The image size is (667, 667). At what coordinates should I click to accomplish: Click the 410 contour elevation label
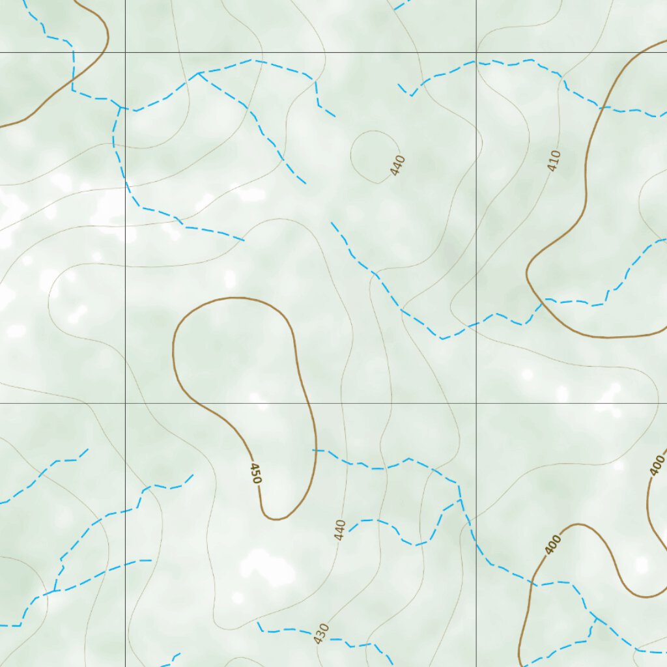coord(554,161)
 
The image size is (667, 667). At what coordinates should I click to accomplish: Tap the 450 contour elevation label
coord(256,472)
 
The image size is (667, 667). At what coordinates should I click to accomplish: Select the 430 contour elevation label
coord(321,633)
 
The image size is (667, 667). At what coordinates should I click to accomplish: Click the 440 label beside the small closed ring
coord(398,165)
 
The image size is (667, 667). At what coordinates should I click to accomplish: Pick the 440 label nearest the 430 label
coord(339,530)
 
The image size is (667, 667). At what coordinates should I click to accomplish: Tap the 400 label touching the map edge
coord(657,465)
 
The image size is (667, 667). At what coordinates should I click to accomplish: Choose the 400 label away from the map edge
coord(553,544)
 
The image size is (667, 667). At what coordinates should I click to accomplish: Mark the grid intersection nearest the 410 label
coord(476,52)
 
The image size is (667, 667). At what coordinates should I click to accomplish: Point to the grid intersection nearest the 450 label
coord(125,403)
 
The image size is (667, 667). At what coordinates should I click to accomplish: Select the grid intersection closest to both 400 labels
coord(476,403)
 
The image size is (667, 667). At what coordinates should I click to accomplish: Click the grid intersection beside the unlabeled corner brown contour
coord(125,52)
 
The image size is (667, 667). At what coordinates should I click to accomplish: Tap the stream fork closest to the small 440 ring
coord(199,73)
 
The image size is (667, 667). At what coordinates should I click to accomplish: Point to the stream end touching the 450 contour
coord(313,450)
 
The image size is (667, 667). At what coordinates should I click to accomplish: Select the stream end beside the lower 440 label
coord(349,530)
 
